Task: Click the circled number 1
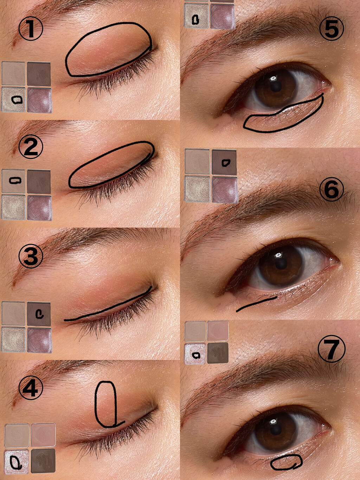(x=31, y=29)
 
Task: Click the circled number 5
(x=332, y=28)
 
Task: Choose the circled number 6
(x=332, y=190)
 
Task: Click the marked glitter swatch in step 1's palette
(x=14, y=100)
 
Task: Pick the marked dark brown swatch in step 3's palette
(x=39, y=314)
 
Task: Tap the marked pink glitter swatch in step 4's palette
(x=17, y=460)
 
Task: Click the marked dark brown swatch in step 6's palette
(x=224, y=162)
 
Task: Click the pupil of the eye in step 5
(x=276, y=87)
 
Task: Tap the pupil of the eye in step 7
(x=276, y=430)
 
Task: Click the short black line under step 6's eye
(x=256, y=304)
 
